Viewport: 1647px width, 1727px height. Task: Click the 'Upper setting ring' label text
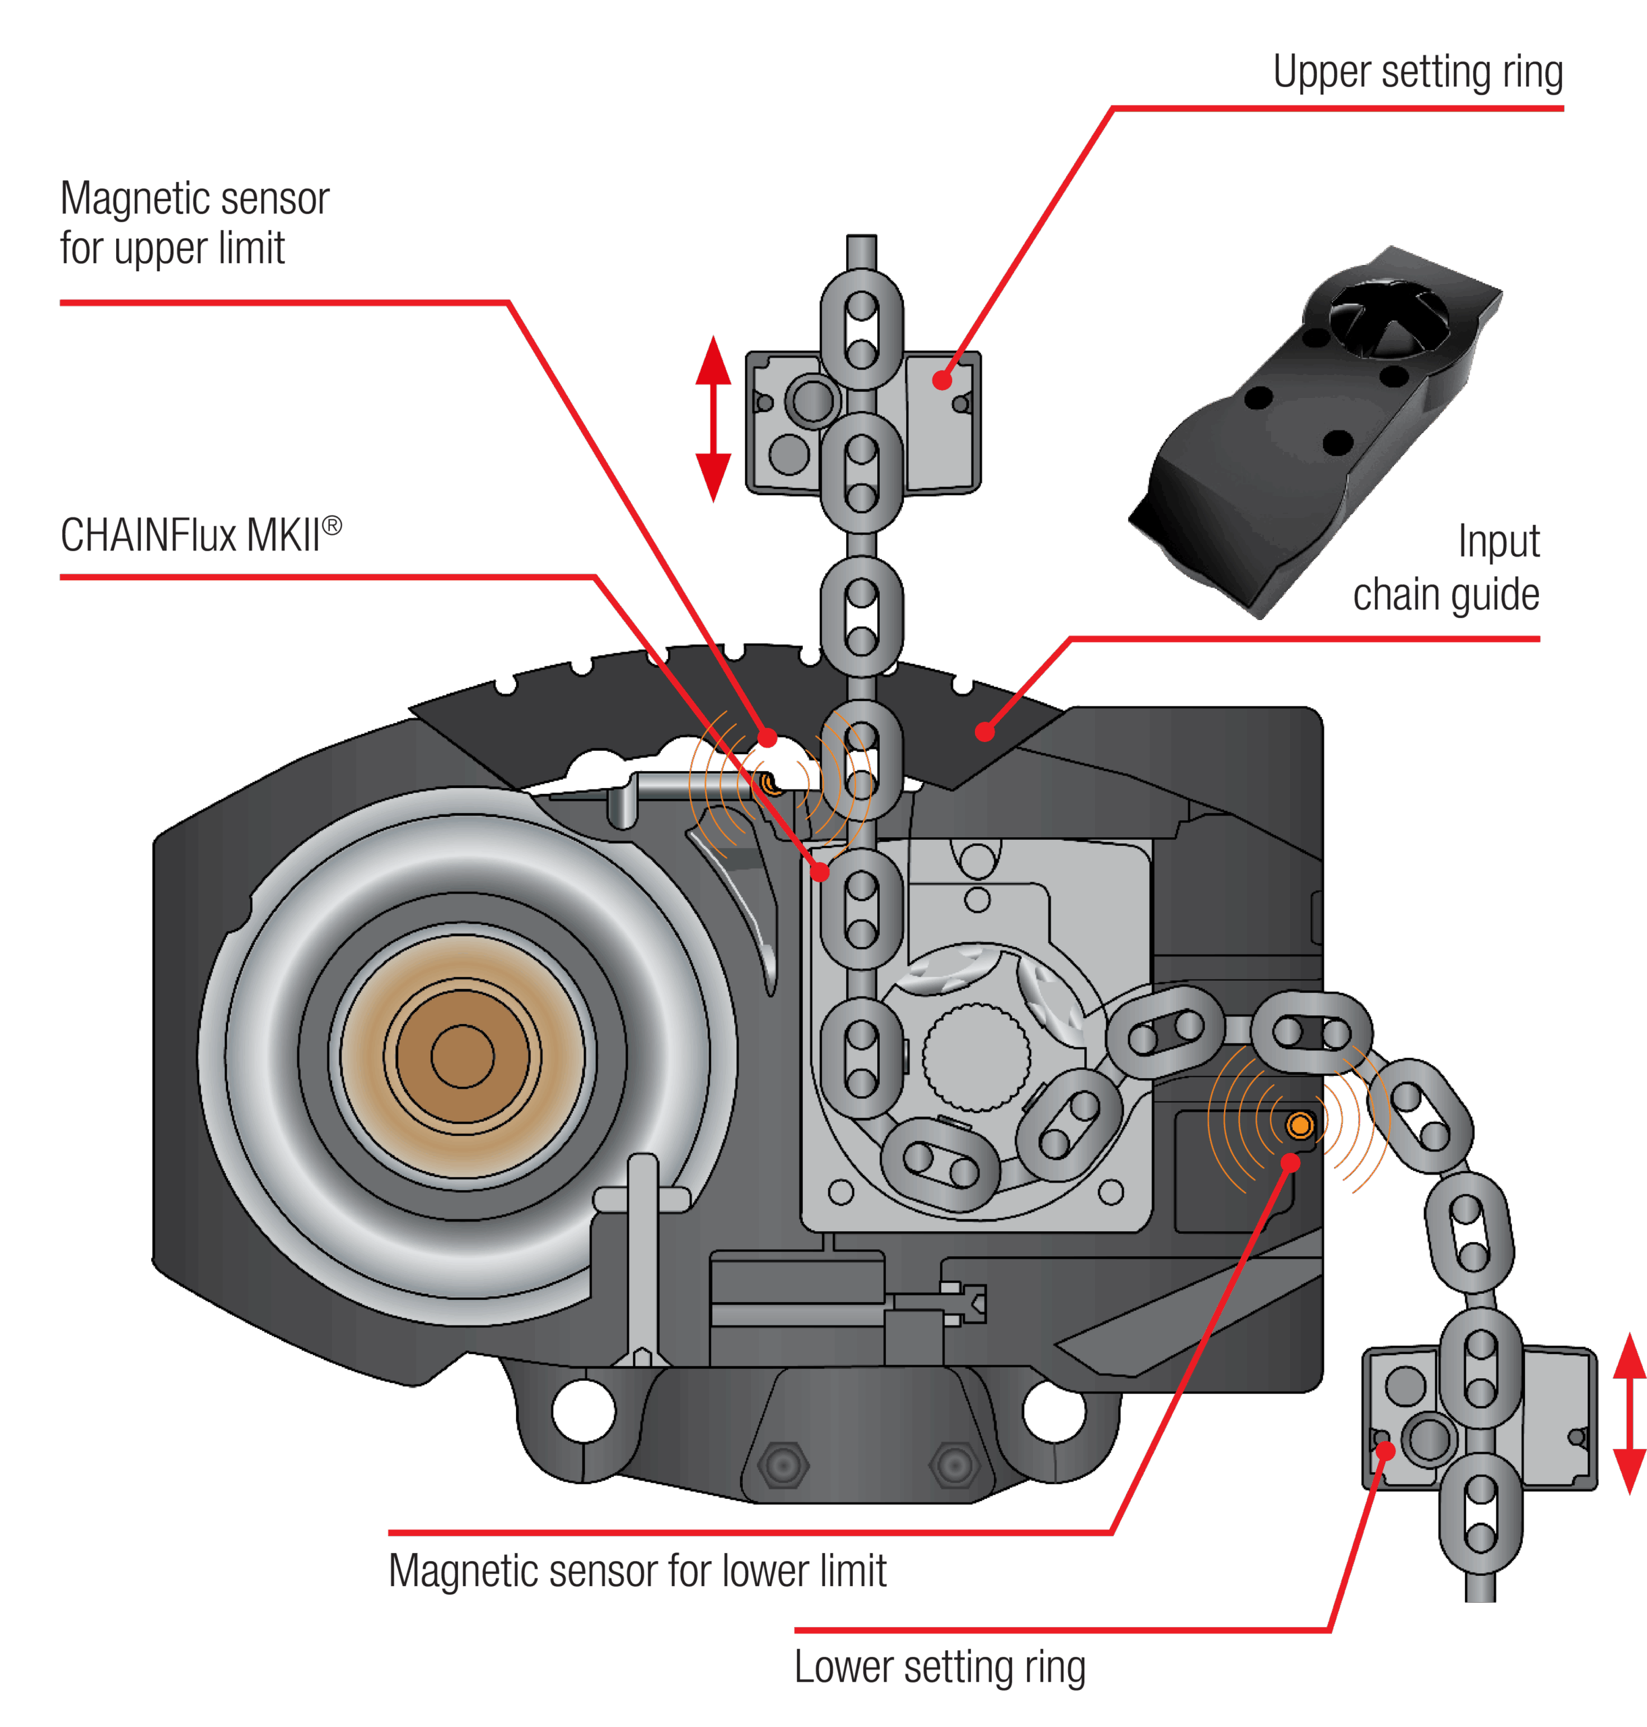tap(1417, 73)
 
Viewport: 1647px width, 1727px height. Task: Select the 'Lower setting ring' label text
tap(939, 1666)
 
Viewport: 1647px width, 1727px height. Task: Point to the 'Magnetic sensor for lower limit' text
tap(638, 1570)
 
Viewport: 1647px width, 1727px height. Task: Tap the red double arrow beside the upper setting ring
tap(713, 419)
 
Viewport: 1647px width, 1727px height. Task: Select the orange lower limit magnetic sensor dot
tap(1300, 1125)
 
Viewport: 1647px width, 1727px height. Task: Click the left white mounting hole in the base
tap(584, 1411)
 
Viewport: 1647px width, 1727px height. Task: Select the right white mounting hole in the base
tap(1055, 1411)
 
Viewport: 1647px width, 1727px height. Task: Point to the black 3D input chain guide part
tap(1317, 430)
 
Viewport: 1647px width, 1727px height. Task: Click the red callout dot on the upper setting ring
tap(942, 380)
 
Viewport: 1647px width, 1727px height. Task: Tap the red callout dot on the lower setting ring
tap(1385, 1450)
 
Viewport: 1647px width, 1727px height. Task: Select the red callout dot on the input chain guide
tap(985, 731)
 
